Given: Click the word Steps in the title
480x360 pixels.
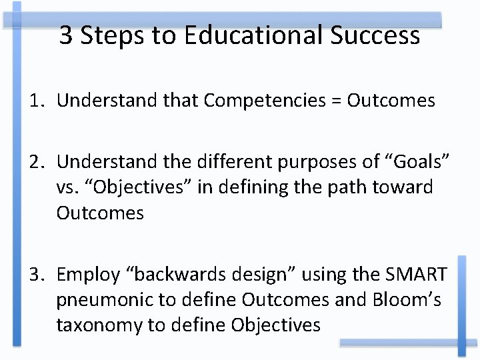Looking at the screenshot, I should [x=116, y=35].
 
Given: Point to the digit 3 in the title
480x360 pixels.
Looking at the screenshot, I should [x=67, y=35].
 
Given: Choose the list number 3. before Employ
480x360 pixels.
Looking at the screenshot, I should [x=37, y=274].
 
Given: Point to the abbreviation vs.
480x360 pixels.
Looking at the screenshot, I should [x=67, y=188].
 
